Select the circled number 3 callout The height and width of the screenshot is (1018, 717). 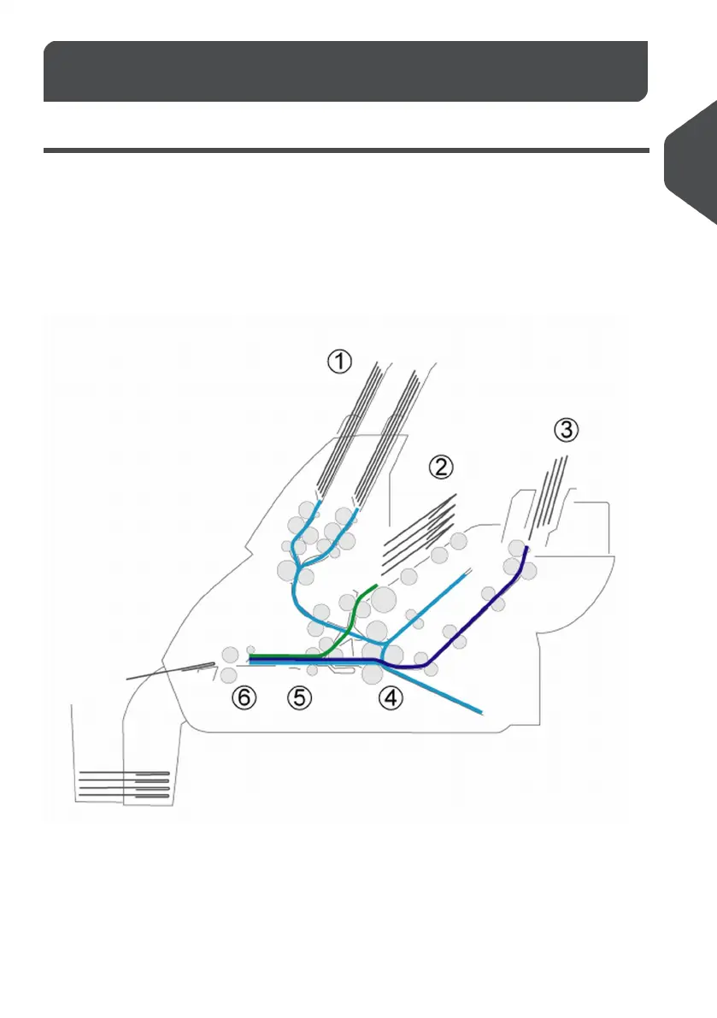tap(565, 430)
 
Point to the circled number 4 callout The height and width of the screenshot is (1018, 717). tap(391, 698)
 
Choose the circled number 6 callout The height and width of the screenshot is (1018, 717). tap(244, 698)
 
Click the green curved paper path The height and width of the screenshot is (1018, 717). tap(347, 624)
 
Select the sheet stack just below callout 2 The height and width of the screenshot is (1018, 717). tap(419, 534)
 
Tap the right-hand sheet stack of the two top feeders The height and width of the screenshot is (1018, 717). tap(385, 436)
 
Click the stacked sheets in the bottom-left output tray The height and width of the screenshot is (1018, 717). tap(124, 784)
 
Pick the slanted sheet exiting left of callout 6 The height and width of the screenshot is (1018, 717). tap(171, 670)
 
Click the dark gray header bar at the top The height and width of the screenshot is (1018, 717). tap(345, 71)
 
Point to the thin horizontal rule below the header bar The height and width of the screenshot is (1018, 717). tap(345, 151)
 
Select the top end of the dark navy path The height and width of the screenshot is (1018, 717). tap(526, 548)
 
